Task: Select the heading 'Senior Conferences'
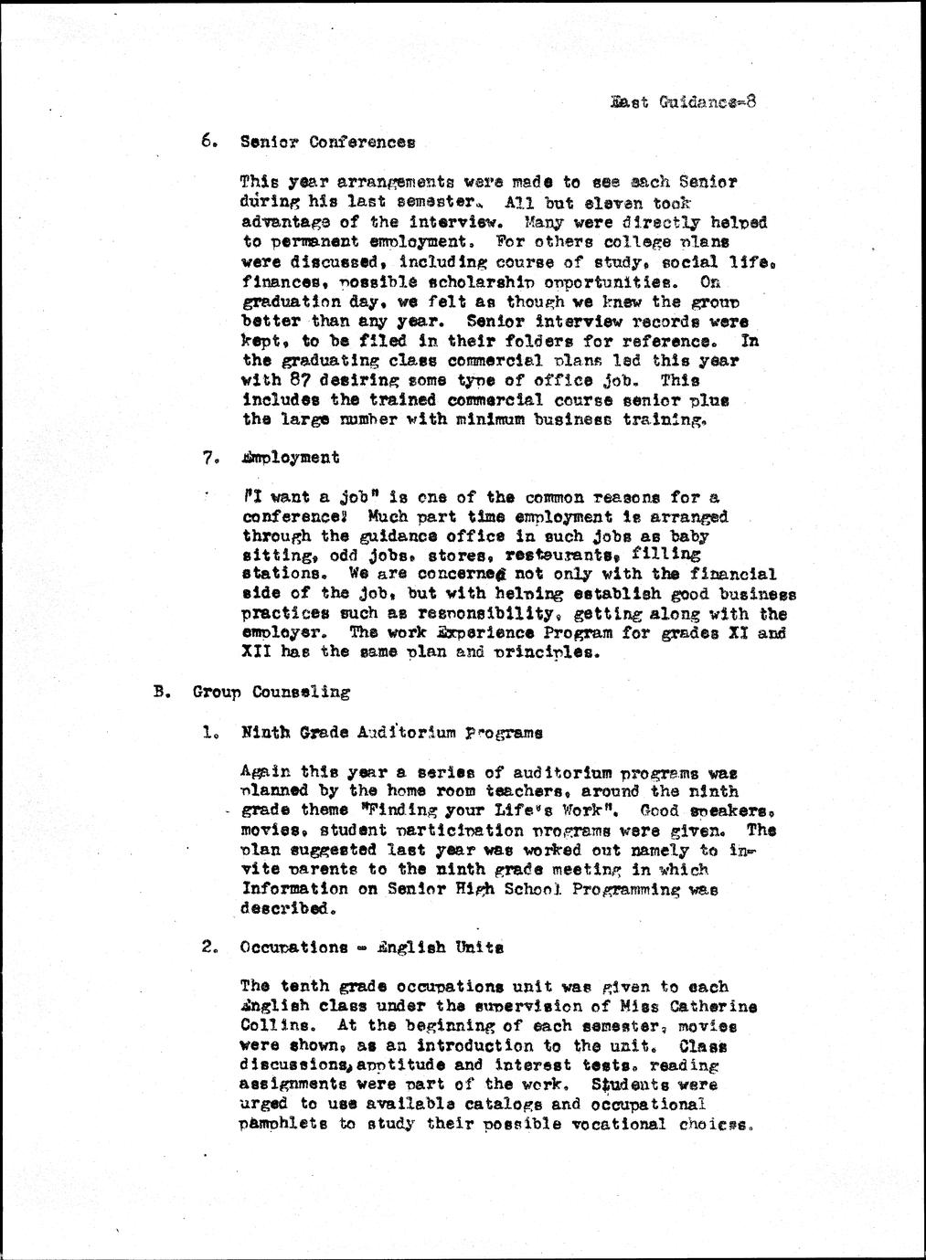point(327,143)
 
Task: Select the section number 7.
point(209,458)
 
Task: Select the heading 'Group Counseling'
point(271,693)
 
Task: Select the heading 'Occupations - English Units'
point(371,948)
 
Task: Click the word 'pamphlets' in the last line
point(284,1125)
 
